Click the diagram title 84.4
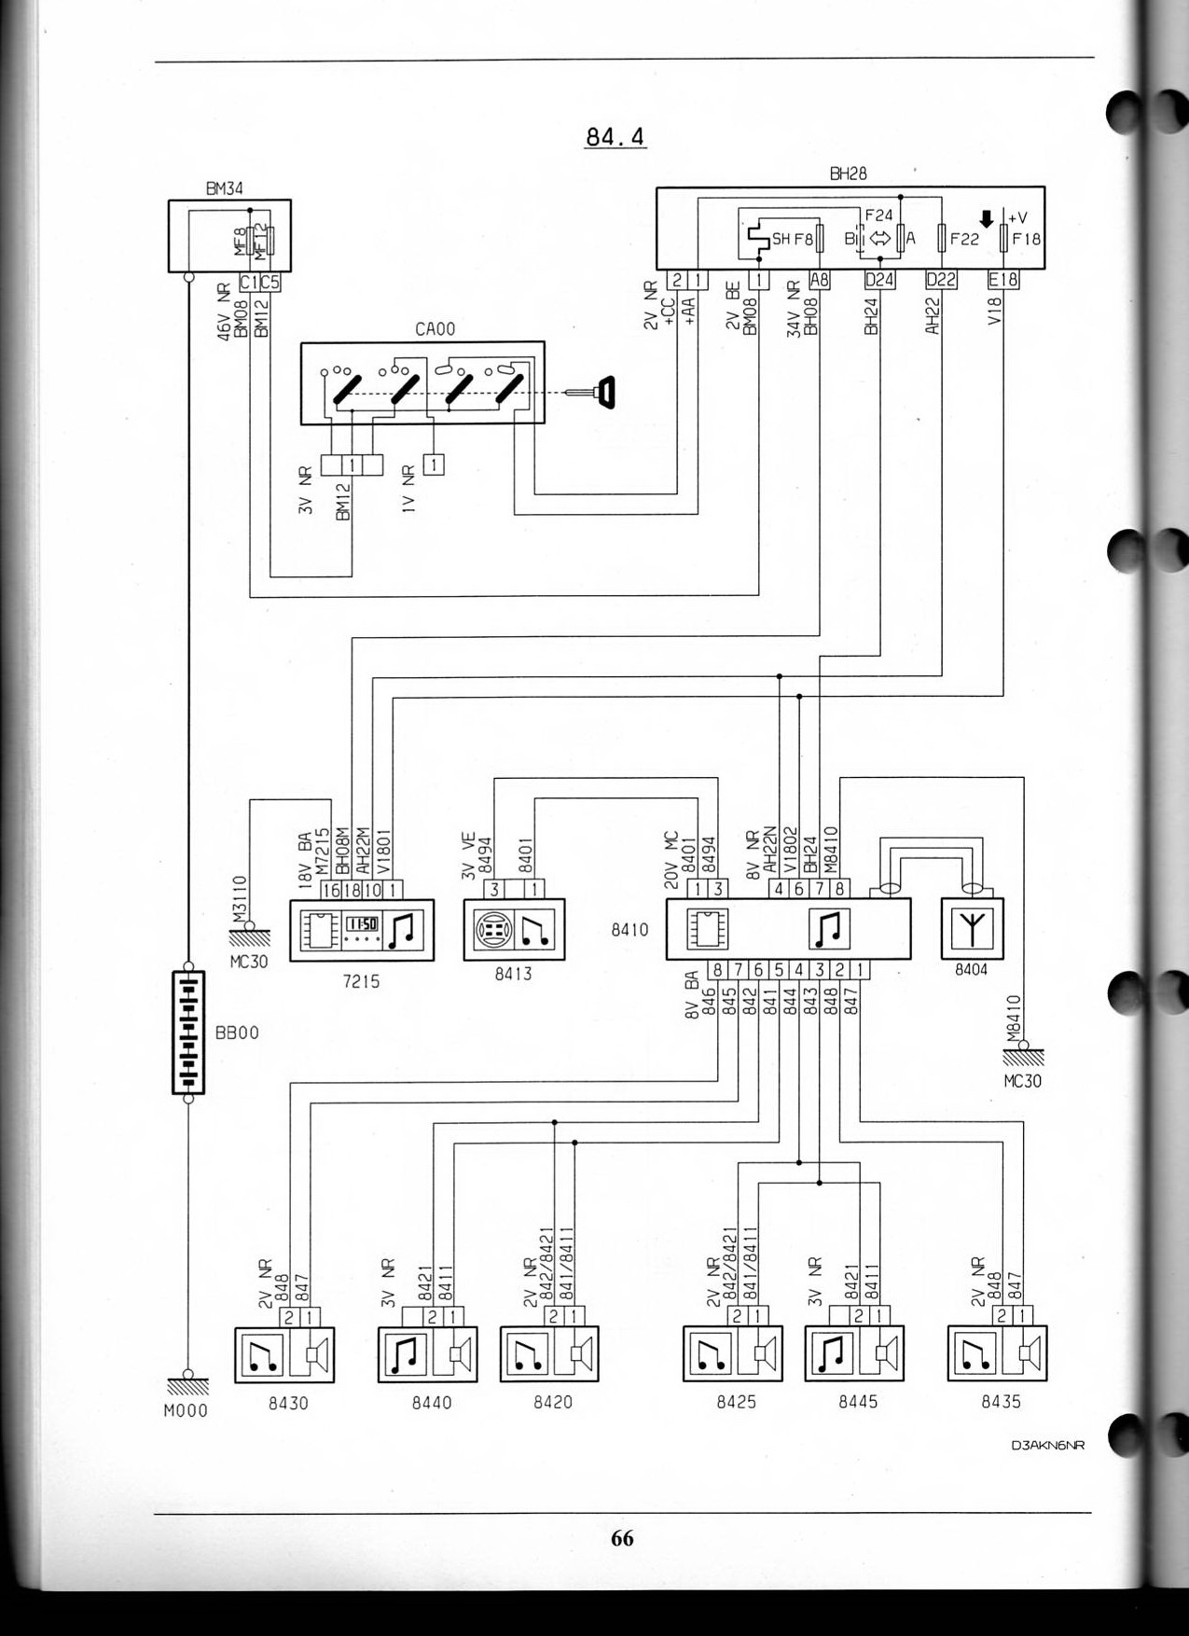pyautogui.click(x=615, y=137)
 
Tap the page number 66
pyautogui.click(x=622, y=1538)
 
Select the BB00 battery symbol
pyautogui.click(x=188, y=1033)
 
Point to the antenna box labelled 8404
pyautogui.click(x=973, y=928)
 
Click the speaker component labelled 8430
pyautogui.click(x=283, y=1354)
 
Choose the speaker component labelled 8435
pyautogui.click(x=997, y=1354)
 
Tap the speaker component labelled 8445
pyautogui.click(x=854, y=1354)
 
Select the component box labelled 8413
pyautogui.click(x=514, y=929)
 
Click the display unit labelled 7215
pyautogui.click(x=362, y=930)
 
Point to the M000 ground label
pyautogui.click(x=186, y=1411)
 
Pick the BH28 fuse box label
pyautogui.click(x=848, y=173)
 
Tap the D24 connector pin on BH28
pyautogui.click(x=879, y=280)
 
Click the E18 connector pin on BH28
pyautogui.click(x=1003, y=280)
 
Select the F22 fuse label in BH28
pyautogui.click(x=964, y=239)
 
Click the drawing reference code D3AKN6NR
pyautogui.click(x=1047, y=1446)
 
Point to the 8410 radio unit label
pyautogui.click(x=629, y=930)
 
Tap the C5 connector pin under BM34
pyautogui.click(x=270, y=282)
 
